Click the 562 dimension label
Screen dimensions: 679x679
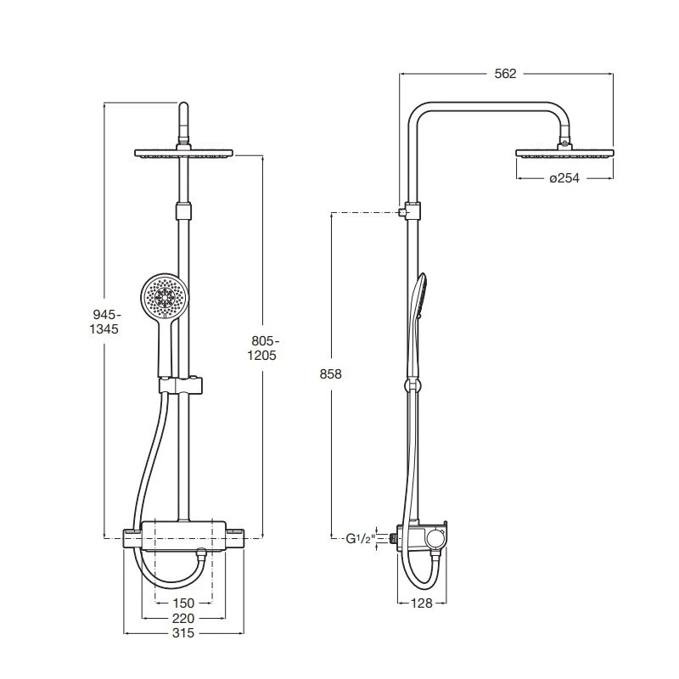click(505, 74)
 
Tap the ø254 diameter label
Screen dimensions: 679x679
click(564, 178)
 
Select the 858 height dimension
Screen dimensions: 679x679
click(330, 373)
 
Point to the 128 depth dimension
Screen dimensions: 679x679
click(421, 603)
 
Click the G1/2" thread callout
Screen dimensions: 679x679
click(359, 539)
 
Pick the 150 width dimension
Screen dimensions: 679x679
click(183, 603)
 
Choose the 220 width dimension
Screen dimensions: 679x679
click(183, 619)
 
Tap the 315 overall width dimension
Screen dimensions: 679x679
click(183, 633)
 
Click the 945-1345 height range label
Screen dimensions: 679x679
click(104, 322)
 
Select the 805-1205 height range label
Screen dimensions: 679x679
click(262, 348)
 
